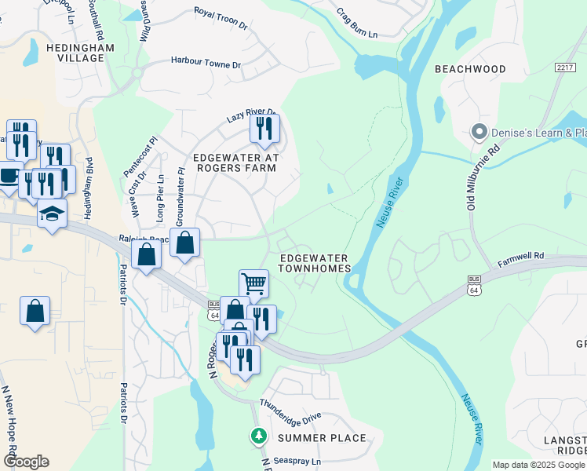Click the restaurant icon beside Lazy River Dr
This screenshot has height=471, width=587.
(264, 128)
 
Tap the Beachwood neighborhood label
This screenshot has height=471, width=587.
(470, 69)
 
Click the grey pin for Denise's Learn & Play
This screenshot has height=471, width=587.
(479, 133)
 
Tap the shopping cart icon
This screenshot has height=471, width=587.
(253, 283)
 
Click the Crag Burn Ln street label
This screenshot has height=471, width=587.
(356, 24)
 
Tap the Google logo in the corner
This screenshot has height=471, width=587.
(26, 462)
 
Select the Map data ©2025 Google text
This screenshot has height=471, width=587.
(538, 465)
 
